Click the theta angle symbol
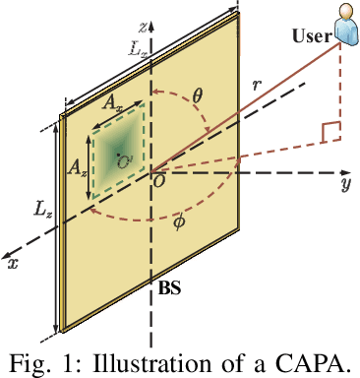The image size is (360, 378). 197,96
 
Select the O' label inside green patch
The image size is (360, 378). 124,156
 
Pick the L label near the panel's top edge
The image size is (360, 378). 137,46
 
